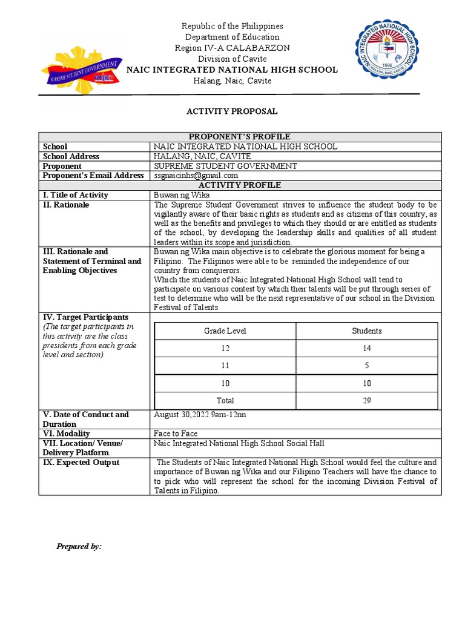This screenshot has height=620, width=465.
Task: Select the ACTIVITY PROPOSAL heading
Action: (232, 111)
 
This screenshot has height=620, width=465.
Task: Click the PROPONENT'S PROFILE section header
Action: (240, 137)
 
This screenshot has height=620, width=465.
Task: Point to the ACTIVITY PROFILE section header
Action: (240, 185)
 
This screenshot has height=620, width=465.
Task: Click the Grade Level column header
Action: (225, 331)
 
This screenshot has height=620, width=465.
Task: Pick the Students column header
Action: (367, 331)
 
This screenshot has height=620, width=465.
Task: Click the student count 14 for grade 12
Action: (367, 349)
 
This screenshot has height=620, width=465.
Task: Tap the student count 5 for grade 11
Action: (367, 366)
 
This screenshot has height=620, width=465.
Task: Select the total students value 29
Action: (367, 401)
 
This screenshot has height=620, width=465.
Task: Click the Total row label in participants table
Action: (225, 401)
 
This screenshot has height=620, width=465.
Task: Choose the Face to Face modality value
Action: (176, 434)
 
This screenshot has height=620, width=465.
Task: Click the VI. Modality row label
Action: (66, 434)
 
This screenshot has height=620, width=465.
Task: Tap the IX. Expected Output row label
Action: (81, 463)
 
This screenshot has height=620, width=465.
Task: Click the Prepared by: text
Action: (79, 547)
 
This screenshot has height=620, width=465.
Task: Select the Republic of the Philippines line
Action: (232, 26)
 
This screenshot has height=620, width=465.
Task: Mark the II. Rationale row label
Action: (66, 205)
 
